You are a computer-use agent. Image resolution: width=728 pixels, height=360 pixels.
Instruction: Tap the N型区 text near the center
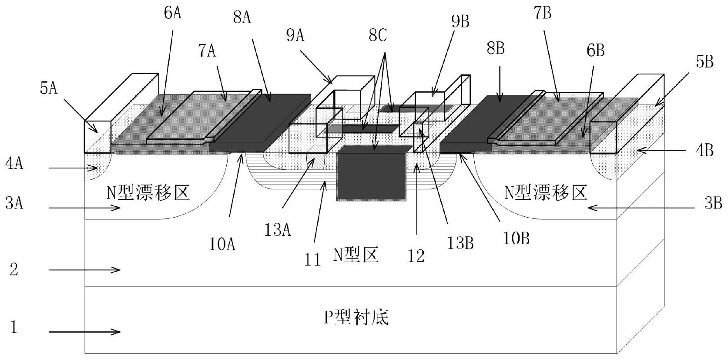click(356, 254)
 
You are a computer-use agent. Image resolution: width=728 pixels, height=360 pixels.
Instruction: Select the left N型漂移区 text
click(148, 192)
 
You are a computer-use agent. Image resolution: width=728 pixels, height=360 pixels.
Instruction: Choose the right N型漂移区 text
click(546, 192)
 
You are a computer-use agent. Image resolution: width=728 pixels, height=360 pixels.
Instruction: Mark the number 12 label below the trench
click(416, 256)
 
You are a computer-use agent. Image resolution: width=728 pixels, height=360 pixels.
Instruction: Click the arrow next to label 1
click(84, 333)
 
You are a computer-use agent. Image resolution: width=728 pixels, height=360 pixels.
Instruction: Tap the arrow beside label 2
click(84, 270)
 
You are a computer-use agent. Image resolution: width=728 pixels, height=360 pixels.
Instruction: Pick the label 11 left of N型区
click(312, 260)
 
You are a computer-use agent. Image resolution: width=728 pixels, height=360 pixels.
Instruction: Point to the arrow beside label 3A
click(84, 209)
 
